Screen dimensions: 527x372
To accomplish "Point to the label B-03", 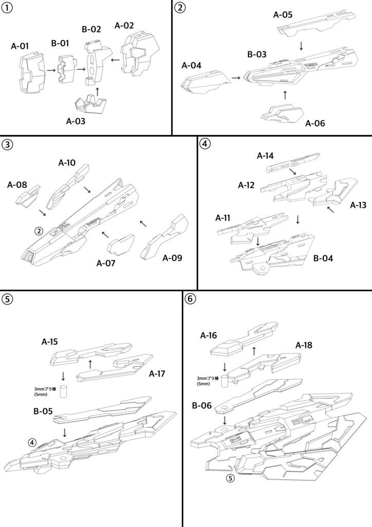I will click(x=257, y=54).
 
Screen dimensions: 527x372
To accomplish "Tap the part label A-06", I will click(x=315, y=124).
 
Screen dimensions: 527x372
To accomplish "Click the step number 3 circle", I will click(x=7, y=144).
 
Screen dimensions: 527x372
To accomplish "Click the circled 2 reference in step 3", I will click(x=39, y=231).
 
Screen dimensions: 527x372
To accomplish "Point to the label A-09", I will click(x=173, y=257).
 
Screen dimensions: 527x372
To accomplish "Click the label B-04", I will click(x=323, y=258).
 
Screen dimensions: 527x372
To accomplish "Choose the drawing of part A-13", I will click(x=334, y=192).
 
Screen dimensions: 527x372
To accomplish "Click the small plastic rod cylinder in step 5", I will click(x=64, y=391).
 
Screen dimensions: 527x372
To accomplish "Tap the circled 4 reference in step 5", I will click(x=32, y=442).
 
